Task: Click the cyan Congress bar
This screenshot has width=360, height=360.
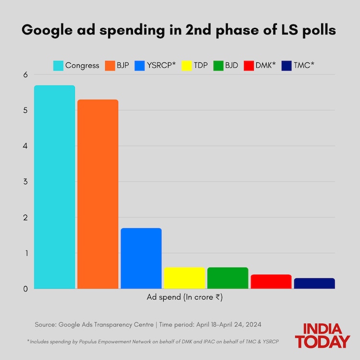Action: pyautogui.click(x=54, y=187)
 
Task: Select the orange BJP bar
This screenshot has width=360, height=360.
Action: pyautogui.click(x=97, y=194)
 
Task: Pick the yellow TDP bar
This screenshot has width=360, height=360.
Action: pyautogui.click(x=184, y=278)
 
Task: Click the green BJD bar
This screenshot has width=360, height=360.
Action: pyautogui.click(x=228, y=278)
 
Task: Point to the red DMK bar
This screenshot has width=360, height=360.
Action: pyautogui.click(x=271, y=281)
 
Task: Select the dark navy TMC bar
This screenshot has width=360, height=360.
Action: pyautogui.click(x=314, y=283)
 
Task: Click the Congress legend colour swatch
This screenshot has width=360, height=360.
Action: pyautogui.click(x=59, y=65)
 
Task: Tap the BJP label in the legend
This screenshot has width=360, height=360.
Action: pyautogui.click(x=123, y=65)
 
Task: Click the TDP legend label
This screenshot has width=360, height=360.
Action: pyautogui.click(x=201, y=65)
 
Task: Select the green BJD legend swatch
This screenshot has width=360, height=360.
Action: pyautogui.click(x=218, y=65)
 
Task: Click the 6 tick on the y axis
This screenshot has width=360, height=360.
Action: pyautogui.click(x=25, y=75)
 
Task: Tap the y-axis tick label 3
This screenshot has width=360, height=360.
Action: pyautogui.click(x=25, y=182)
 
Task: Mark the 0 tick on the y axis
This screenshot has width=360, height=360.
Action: pyautogui.click(x=25, y=288)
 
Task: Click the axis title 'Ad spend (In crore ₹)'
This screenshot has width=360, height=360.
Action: pyautogui.click(x=184, y=297)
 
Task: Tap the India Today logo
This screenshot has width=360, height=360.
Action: pyautogui.click(x=323, y=336)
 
